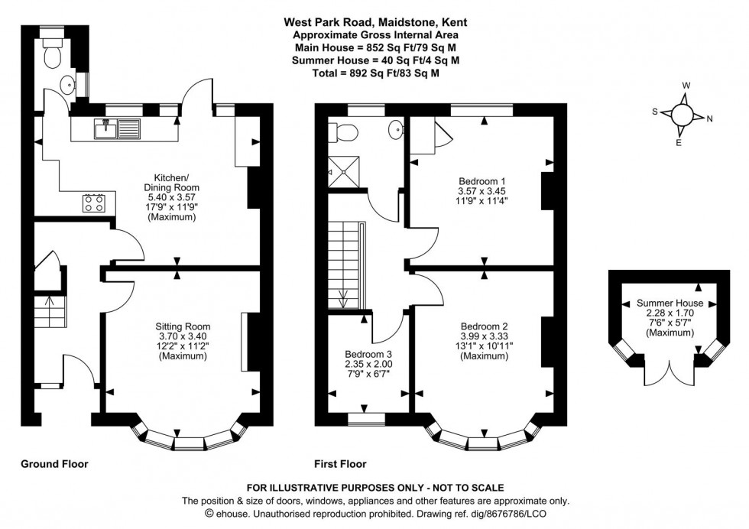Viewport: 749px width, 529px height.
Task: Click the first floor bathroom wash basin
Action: pos(397,130)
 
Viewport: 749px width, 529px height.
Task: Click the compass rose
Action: pos(682,114)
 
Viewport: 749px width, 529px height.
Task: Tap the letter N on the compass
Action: pos(710,118)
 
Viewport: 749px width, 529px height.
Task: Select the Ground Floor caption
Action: pos(54,463)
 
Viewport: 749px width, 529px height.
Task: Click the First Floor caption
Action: pos(340,463)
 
